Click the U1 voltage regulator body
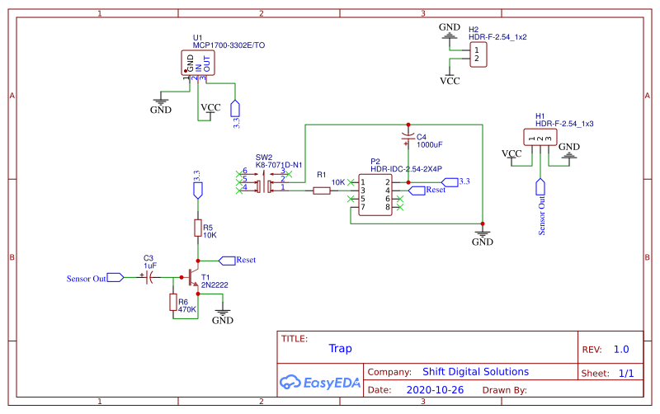[x=198, y=63]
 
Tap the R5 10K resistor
[x=197, y=228]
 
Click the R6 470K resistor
[x=173, y=303]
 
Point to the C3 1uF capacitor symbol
[x=149, y=278]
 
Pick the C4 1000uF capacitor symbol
[x=407, y=134]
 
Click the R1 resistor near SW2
[x=322, y=191]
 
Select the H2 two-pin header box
[x=477, y=54]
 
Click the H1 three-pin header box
[x=539, y=138]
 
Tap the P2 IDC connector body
[x=375, y=195]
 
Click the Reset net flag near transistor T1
[x=226, y=260]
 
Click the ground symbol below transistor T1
[x=223, y=314]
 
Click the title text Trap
[x=340, y=349]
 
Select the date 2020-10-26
[x=435, y=389]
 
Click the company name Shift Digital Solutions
[x=475, y=372]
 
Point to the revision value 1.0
[x=621, y=349]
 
